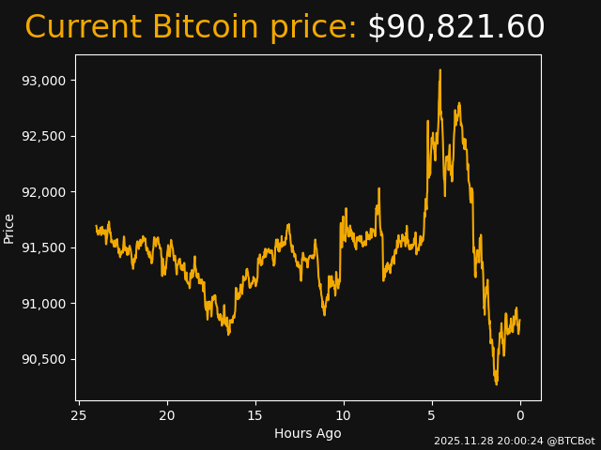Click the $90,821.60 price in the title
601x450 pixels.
pyautogui.click(x=455, y=28)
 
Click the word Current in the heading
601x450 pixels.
pyautogui.click(x=83, y=28)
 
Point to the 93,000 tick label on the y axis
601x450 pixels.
pyautogui.click(x=43, y=81)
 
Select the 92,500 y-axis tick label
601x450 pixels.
pyautogui.click(x=43, y=136)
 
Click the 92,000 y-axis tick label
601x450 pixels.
pyautogui.click(x=43, y=192)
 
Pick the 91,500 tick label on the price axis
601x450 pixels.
pyautogui.click(x=43, y=247)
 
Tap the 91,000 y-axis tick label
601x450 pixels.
pyautogui.click(x=43, y=304)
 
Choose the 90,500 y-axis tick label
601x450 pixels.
pyautogui.click(x=43, y=359)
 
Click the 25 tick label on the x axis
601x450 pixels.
pyautogui.click(x=79, y=415)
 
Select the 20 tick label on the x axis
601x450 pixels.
pyautogui.click(x=167, y=415)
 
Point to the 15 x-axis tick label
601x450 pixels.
pyautogui.click(x=255, y=415)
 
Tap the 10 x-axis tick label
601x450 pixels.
pyautogui.click(x=344, y=415)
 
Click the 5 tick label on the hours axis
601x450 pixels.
pyautogui.click(x=432, y=415)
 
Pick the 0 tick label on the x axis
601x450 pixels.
pyautogui.click(x=520, y=415)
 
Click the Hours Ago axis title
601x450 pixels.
pyautogui.click(x=308, y=433)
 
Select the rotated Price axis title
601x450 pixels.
pyautogui.click(x=9, y=228)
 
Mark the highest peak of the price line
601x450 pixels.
pyautogui.click(x=439, y=70)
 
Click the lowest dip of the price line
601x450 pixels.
pyautogui.click(x=497, y=383)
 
